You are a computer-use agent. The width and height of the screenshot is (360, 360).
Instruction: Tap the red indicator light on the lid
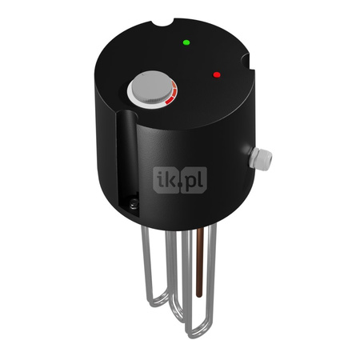[x=216, y=75]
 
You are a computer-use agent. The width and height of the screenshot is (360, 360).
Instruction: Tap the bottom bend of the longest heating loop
[x=194, y=329]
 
